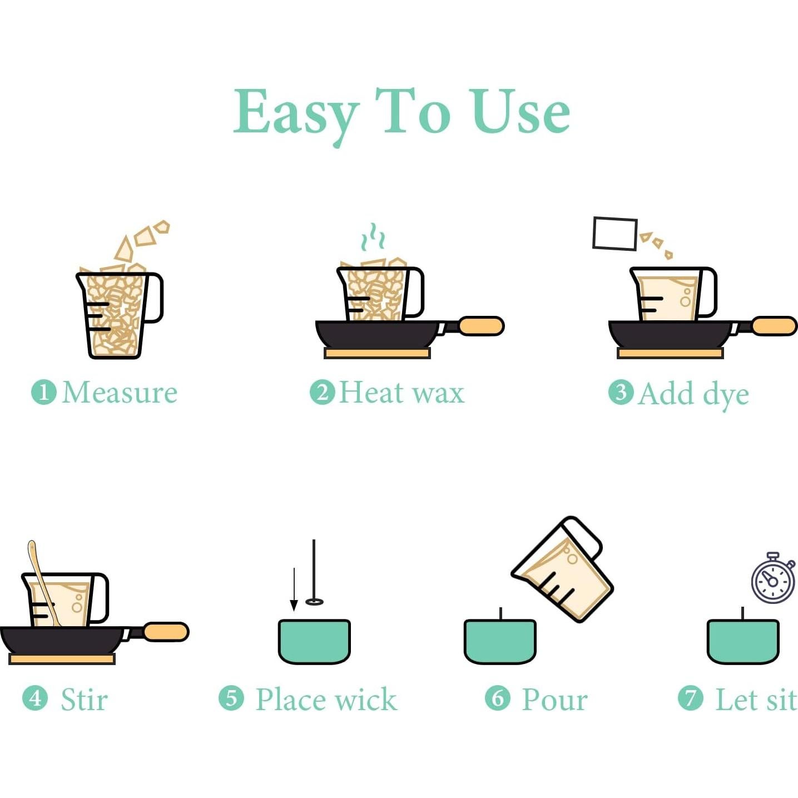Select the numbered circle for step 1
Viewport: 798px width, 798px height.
pos(44,392)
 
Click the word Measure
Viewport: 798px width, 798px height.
pos(120,392)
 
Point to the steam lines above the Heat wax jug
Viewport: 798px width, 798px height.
pos(373,237)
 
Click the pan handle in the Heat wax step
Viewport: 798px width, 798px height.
pos(481,325)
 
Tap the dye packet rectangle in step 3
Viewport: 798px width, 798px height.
pos(615,234)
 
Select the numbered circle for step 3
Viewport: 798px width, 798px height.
pos(621,392)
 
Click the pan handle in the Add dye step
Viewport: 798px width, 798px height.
pos(774,325)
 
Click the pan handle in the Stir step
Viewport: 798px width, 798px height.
pos(166,632)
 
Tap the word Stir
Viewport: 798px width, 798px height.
pos(85,700)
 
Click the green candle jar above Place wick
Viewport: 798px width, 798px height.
pos(314,642)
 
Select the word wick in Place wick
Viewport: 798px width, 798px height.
pos(366,700)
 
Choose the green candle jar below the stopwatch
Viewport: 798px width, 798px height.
pos(743,642)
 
